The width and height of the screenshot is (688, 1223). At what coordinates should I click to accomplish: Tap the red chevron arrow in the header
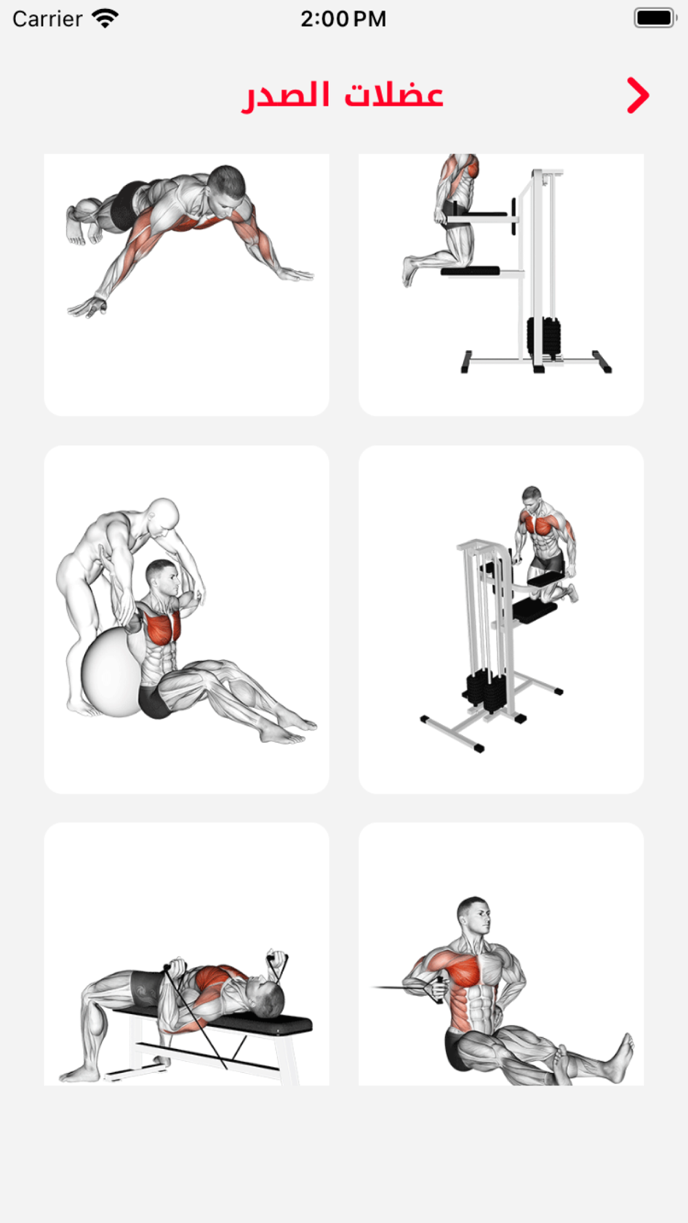[638, 95]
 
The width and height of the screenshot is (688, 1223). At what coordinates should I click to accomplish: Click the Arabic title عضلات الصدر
[342, 95]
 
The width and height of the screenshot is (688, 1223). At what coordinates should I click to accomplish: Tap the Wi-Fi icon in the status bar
[105, 19]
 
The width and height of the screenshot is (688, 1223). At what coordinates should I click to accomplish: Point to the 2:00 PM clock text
[343, 19]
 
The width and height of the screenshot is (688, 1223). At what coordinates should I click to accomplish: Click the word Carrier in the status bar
[47, 19]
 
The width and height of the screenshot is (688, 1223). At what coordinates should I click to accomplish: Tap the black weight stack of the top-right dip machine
[544, 337]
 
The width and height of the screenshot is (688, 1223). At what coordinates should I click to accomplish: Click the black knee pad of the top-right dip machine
[470, 271]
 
